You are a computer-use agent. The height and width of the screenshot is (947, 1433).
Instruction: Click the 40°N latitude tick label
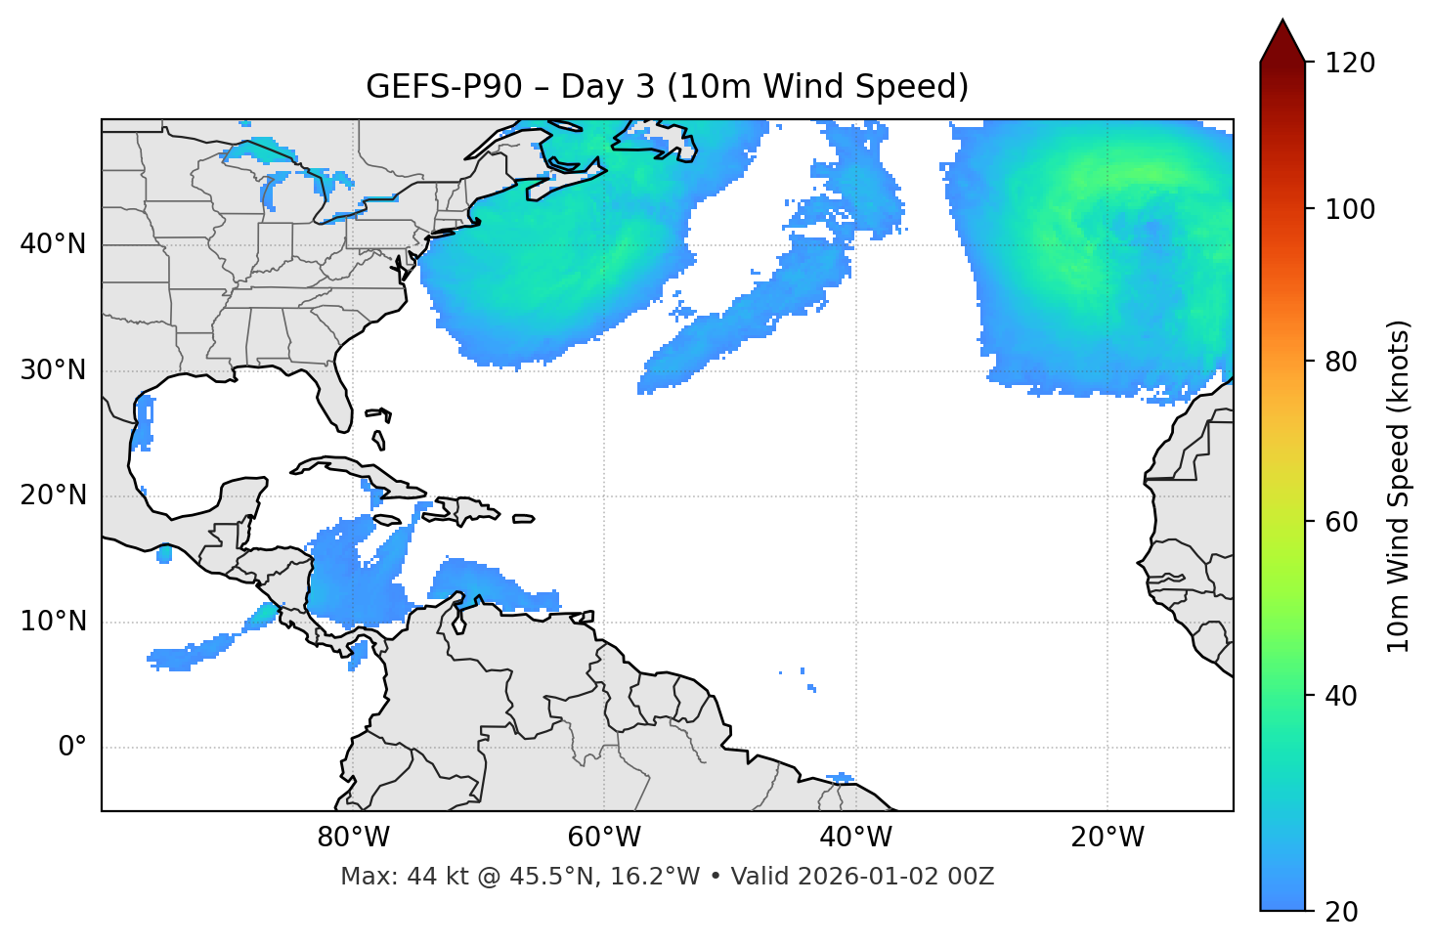[53, 244]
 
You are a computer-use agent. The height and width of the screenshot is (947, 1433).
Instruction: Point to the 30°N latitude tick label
[53, 370]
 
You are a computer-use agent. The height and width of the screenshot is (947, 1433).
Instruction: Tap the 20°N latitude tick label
[53, 496]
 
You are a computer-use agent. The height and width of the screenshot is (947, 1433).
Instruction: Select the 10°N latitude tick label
[53, 622]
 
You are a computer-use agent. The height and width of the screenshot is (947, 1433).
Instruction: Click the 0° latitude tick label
[71, 748]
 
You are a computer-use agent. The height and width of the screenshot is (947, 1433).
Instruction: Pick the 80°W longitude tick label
[353, 838]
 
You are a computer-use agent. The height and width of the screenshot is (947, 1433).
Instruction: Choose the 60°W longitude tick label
[604, 838]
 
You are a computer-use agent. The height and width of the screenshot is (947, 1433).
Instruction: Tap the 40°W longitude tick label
[855, 838]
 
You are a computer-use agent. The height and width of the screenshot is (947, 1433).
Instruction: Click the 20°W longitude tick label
[1107, 838]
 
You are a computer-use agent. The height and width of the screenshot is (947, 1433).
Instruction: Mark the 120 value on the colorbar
[1350, 64]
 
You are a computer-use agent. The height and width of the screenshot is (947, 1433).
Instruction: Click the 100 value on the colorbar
[1350, 209]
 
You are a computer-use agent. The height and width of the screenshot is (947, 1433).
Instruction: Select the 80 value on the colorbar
[1338, 362]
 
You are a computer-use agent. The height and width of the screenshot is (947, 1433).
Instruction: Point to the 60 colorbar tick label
[1338, 522]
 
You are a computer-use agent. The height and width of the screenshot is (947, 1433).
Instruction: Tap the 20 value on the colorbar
[1338, 912]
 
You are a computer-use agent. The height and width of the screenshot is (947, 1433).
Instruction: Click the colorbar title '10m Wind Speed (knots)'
[1400, 486]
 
